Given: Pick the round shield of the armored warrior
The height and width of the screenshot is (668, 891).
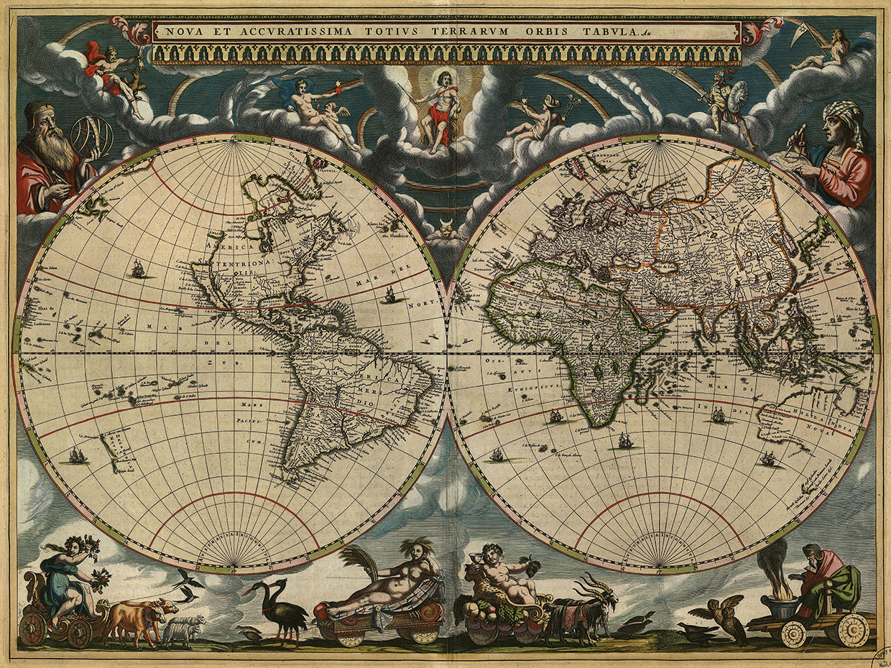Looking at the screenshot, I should click(x=737, y=94).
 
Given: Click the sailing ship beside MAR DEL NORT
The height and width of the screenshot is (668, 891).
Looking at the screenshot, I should click(x=390, y=294).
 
